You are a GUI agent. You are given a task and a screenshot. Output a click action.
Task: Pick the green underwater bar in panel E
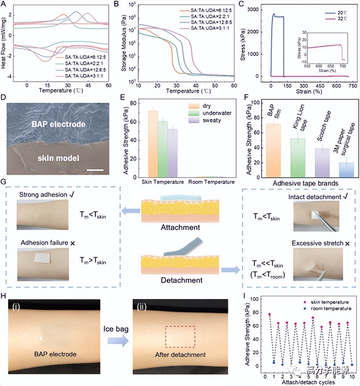[x=163, y=149]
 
